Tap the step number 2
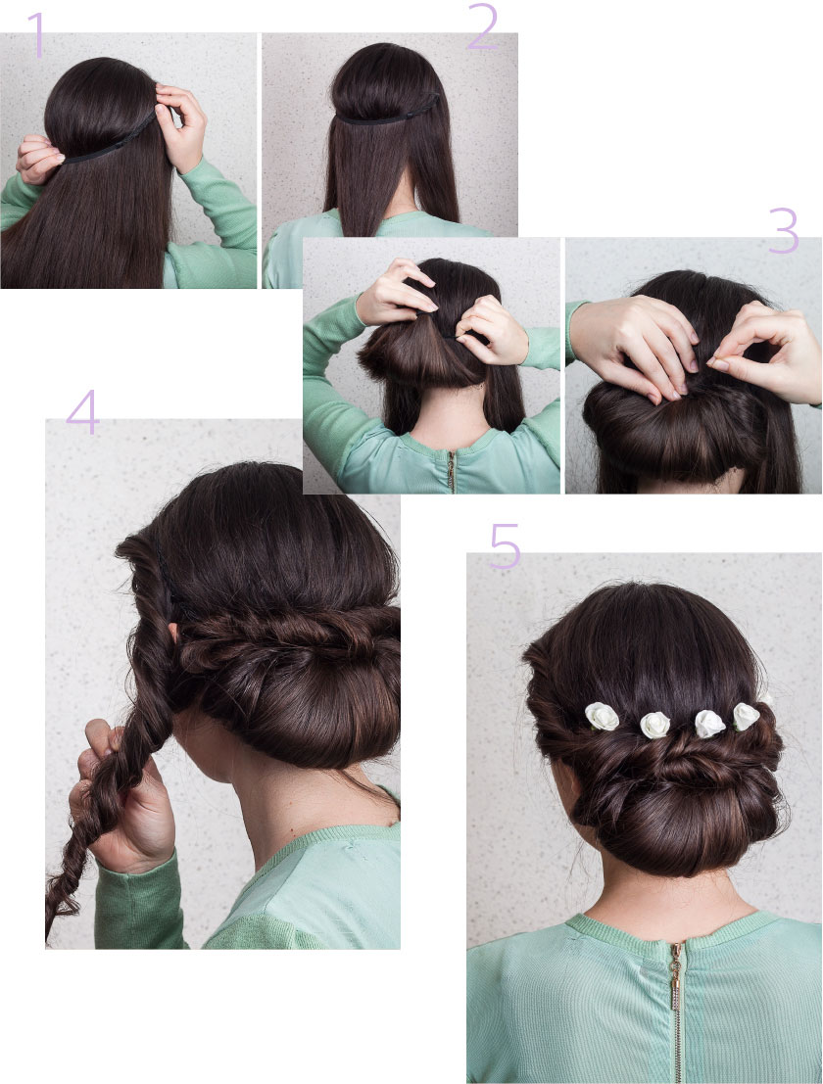point(482,29)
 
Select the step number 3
point(783,231)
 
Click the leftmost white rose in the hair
point(602,717)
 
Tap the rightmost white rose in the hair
point(747,716)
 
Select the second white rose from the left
point(654,724)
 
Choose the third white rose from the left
point(709,724)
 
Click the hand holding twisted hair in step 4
point(127,803)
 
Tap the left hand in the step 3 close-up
point(632,348)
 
